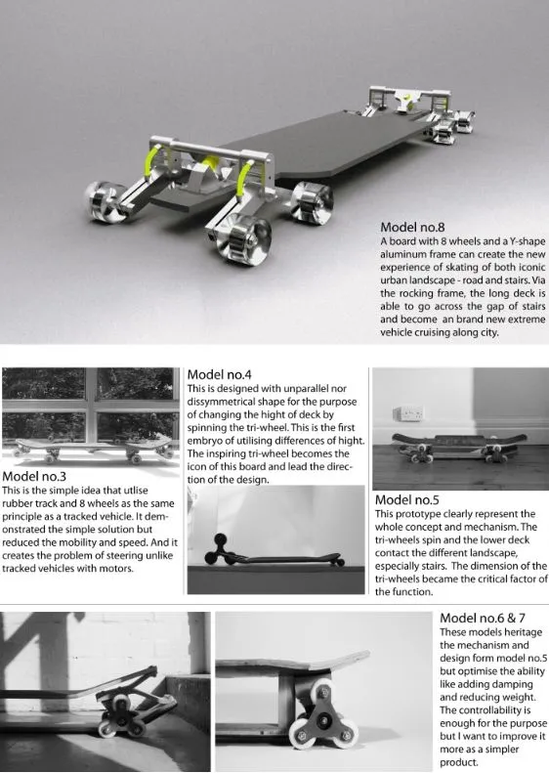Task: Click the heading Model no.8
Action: (x=412, y=228)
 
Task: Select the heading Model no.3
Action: (x=34, y=476)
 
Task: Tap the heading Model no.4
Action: (x=219, y=374)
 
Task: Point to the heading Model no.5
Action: (x=407, y=500)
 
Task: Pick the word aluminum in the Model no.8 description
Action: (x=401, y=254)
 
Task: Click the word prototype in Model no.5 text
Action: (x=419, y=514)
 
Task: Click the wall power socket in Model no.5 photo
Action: (x=408, y=413)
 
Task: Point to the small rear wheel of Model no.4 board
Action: (x=339, y=562)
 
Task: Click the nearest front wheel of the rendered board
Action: (x=251, y=241)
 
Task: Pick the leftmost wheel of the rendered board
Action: (x=105, y=200)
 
